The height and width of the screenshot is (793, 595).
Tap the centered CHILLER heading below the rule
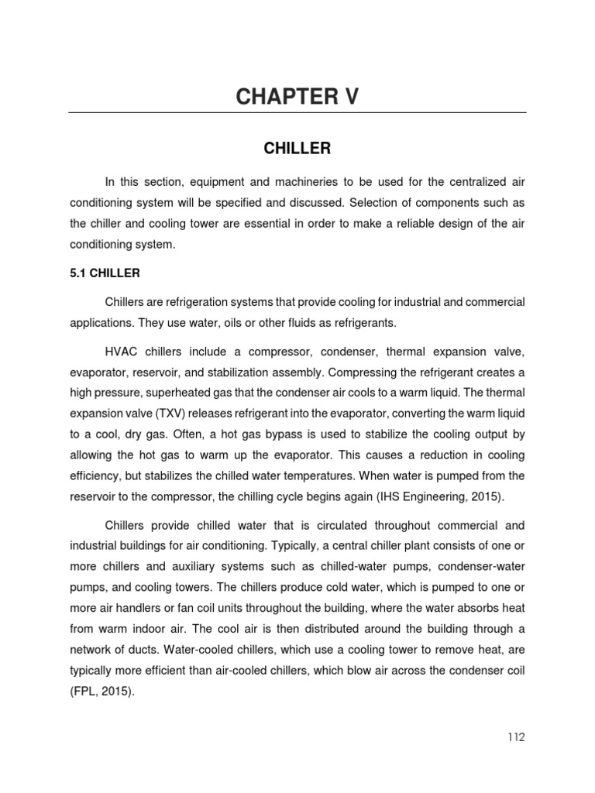coord(297,147)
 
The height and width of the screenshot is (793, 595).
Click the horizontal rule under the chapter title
coord(297,113)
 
